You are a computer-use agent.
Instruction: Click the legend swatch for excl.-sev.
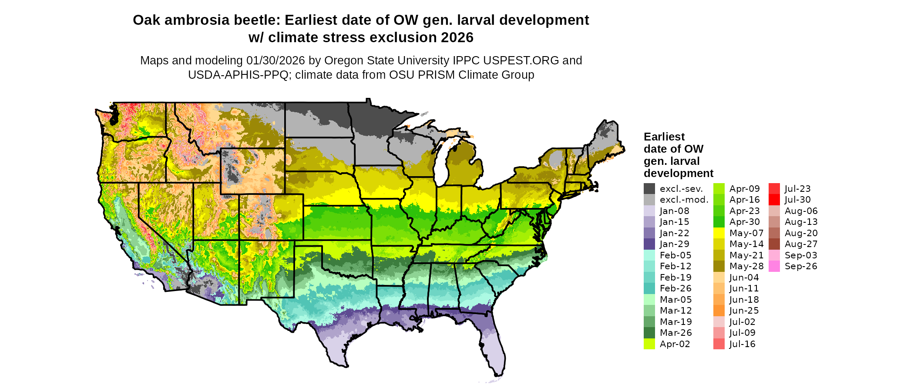649,189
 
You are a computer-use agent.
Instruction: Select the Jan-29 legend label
674,244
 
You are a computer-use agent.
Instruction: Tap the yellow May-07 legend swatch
719,233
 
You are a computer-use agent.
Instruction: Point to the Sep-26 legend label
801,266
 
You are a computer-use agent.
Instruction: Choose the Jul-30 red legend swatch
774,200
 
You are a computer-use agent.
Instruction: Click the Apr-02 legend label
675,344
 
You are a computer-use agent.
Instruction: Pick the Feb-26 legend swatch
649,288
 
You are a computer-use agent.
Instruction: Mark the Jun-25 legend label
744,311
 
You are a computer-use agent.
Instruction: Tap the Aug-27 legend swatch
774,244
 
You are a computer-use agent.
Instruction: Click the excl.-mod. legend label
684,200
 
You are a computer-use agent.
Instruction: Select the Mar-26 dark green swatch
649,333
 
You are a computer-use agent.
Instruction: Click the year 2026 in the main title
457,38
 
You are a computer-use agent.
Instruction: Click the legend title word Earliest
664,137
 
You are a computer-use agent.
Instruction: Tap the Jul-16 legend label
743,344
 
